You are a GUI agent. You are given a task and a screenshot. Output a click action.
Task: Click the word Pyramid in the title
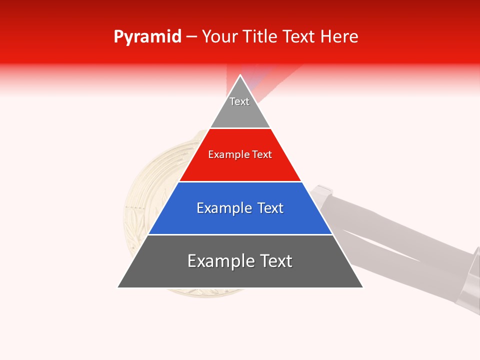(147, 37)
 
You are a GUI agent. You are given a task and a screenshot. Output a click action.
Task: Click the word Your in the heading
(219, 37)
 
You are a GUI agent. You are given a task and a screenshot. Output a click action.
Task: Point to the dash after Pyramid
(191, 37)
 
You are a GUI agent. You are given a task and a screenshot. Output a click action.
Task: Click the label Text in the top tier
(239, 101)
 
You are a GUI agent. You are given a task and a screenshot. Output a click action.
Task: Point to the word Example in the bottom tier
(218, 261)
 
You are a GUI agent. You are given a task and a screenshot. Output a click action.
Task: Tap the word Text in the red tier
(262, 155)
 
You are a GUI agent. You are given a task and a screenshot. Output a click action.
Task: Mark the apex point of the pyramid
(240, 75)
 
